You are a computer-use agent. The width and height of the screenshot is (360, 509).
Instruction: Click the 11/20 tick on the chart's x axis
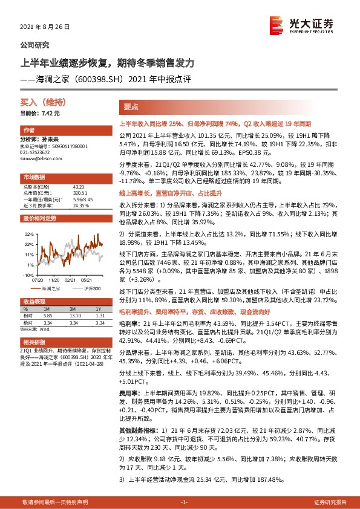pyautogui.click(x=54, y=280)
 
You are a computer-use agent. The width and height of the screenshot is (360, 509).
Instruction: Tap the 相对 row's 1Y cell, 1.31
pyautogui.click(x=100, y=315)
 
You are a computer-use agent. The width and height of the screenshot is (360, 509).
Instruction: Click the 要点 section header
pyautogui.click(x=131, y=106)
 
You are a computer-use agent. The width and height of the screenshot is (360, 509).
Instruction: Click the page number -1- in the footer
pyautogui.click(x=185, y=502)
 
